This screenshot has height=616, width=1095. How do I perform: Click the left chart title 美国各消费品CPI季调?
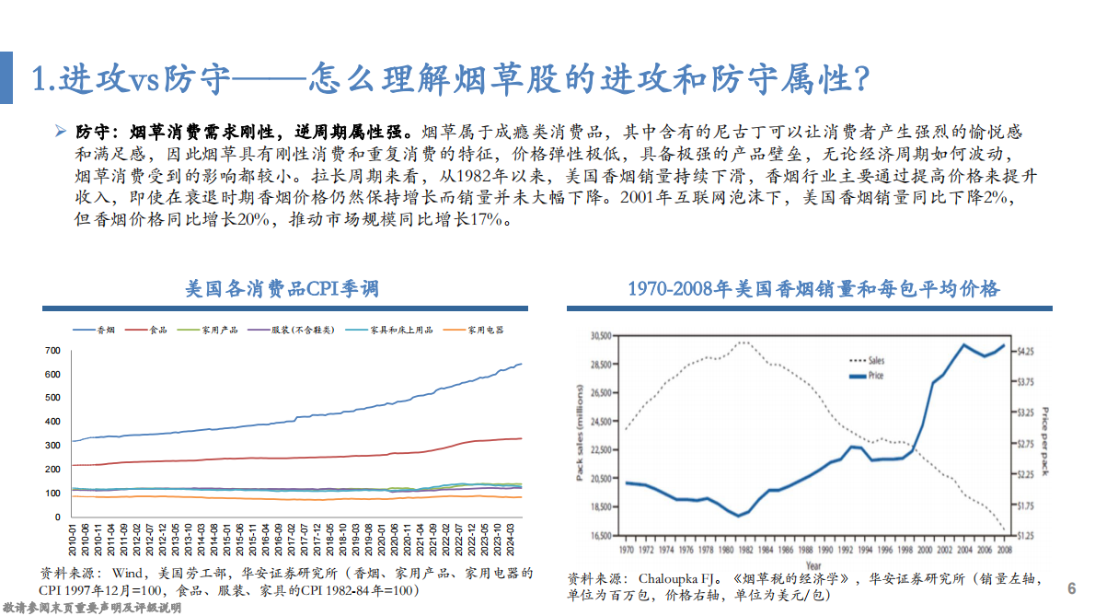(282, 289)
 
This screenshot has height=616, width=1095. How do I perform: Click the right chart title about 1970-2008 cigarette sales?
(813, 289)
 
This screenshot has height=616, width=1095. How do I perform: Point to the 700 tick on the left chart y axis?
(52, 351)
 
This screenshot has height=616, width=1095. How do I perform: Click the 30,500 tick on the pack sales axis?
(599, 337)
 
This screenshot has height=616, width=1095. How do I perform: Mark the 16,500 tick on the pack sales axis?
(599, 535)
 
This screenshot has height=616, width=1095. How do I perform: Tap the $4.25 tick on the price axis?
(1023, 352)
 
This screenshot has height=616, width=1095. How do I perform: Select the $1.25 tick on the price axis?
(1023, 535)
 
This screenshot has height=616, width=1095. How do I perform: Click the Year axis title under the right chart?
(813, 564)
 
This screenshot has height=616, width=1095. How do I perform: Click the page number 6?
(1071, 588)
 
